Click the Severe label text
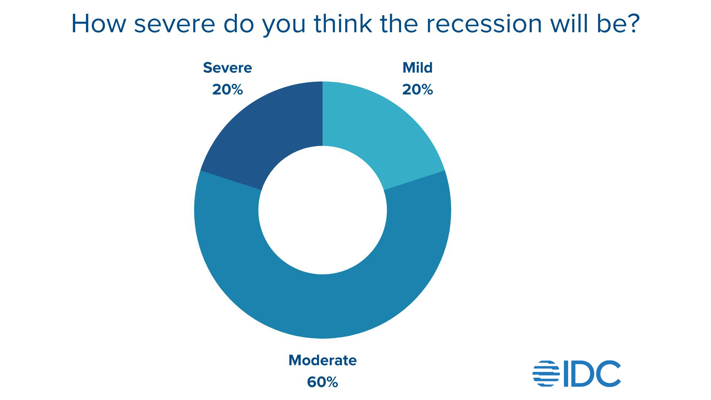pos(227,68)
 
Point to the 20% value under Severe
pos(227,90)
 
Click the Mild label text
pos(417,68)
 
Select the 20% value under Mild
pos(417,90)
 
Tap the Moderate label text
pos(323,360)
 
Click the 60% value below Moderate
pos(323,382)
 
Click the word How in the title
pos(98,24)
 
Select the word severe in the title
pos(174,24)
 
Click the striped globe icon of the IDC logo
pos(546,373)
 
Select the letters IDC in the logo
pos(592,373)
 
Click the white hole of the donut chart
pos(323,210)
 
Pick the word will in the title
pos(570,24)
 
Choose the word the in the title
pos(398,24)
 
